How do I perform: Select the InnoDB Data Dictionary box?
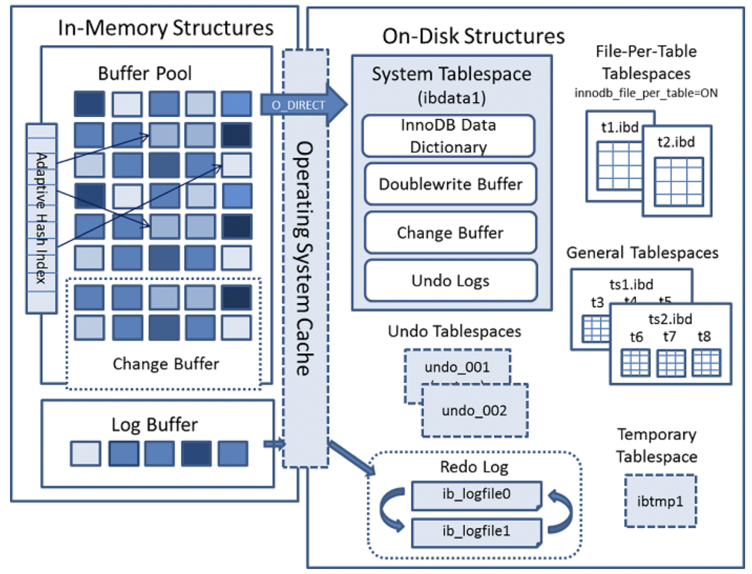(x=448, y=135)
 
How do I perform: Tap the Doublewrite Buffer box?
(x=450, y=184)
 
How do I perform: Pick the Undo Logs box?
(x=450, y=281)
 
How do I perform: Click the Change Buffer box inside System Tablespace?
(x=450, y=233)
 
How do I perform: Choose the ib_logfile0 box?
(x=476, y=495)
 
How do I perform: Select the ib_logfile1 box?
(x=476, y=532)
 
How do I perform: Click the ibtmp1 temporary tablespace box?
(x=661, y=500)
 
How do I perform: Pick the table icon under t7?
(x=671, y=362)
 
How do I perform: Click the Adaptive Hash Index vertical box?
(x=41, y=218)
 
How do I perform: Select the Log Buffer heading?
(x=154, y=425)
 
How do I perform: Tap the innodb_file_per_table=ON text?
(x=645, y=93)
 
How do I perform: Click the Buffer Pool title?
(x=145, y=73)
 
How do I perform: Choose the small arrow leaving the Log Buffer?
(x=273, y=444)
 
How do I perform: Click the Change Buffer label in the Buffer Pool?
(x=166, y=363)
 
